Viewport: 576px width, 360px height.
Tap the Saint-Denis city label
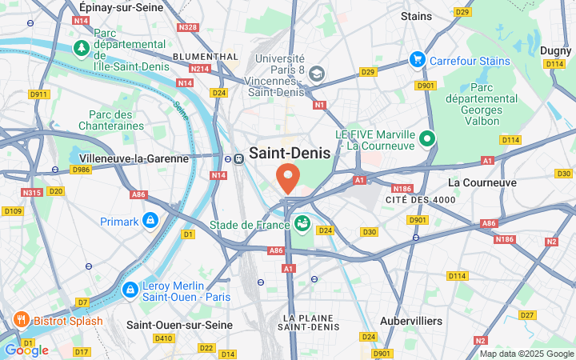point(290,153)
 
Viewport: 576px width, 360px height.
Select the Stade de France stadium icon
point(302,223)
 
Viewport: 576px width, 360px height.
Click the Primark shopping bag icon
point(150,220)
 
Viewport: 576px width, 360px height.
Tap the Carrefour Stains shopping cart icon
point(417,59)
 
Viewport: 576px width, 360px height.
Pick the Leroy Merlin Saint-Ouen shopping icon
point(130,289)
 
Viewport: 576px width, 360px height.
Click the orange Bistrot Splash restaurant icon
point(22,321)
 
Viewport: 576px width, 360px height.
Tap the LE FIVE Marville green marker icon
point(427,138)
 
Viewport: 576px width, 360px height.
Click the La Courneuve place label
point(482,182)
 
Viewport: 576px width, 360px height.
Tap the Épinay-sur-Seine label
point(121,7)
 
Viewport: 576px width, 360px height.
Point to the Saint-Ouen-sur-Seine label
point(179,326)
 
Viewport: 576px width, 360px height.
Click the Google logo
point(26,350)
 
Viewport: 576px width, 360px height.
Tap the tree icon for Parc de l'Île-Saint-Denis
point(82,49)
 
